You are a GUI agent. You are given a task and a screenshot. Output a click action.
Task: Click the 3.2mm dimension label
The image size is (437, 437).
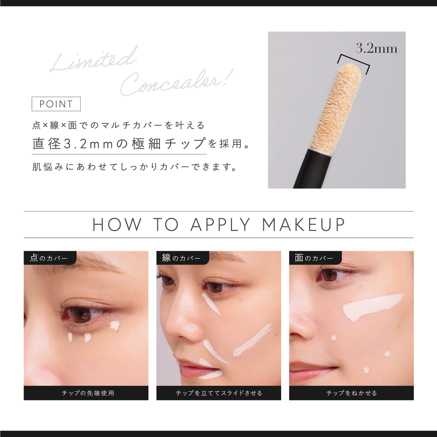pyautogui.click(x=376, y=48)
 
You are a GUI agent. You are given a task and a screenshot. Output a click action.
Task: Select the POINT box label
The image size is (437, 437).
pyautogui.click(x=56, y=104)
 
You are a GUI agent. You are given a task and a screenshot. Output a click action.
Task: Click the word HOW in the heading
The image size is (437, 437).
pyautogui.click(x=117, y=225)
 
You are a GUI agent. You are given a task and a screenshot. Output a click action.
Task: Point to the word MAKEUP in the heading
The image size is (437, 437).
pyautogui.click(x=304, y=225)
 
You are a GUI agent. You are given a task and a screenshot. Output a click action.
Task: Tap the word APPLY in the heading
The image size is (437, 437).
pyautogui.click(x=220, y=225)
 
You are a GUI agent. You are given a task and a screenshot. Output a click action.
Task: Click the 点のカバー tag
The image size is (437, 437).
pyautogui.click(x=49, y=258)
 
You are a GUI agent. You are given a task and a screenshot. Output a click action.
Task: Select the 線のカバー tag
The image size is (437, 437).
pyautogui.click(x=182, y=258)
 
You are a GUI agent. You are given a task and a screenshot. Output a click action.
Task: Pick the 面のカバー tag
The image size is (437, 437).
pyautogui.click(x=314, y=258)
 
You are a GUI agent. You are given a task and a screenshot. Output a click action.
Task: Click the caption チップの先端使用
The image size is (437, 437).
pyautogui.click(x=88, y=393)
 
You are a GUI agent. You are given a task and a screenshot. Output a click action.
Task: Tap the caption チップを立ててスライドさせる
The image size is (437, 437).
pyautogui.click(x=219, y=393)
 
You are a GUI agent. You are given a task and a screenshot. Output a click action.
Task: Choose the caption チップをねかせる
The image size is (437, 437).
pyautogui.click(x=351, y=393)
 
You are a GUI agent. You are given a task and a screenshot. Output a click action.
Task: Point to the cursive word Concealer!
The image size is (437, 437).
pyautogui.click(x=176, y=83)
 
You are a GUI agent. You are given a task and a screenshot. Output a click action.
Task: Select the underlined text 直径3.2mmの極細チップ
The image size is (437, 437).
pyautogui.click(x=119, y=144)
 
